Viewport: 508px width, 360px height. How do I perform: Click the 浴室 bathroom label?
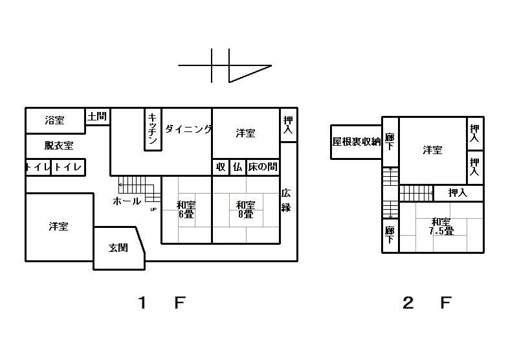point(55,120)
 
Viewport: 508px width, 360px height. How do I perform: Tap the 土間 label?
point(97,117)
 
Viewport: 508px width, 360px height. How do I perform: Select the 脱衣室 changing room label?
point(59,146)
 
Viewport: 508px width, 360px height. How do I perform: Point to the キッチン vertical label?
point(153,129)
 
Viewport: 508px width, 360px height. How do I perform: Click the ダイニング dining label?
point(188,129)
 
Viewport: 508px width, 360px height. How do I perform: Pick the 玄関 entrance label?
point(118,248)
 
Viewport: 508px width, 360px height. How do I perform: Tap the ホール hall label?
point(127,201)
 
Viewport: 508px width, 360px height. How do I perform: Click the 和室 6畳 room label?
point(186,209)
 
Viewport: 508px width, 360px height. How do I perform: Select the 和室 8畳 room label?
point(245,209)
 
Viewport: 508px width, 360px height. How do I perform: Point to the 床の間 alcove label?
point(263,167)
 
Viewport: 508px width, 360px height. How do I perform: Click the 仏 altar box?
point(237,167)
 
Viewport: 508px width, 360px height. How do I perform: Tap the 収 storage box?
point(221,167)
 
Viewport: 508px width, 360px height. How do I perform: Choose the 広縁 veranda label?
point(286,200)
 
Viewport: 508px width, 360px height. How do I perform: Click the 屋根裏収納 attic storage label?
point(357,142)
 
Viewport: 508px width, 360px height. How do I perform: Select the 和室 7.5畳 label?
point(441,226)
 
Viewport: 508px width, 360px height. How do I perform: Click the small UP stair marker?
point(153,209)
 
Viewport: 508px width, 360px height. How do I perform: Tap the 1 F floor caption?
point(162,302)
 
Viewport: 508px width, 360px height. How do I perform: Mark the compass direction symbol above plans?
point(225,66)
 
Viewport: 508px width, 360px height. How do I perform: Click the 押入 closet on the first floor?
point(289,125)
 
